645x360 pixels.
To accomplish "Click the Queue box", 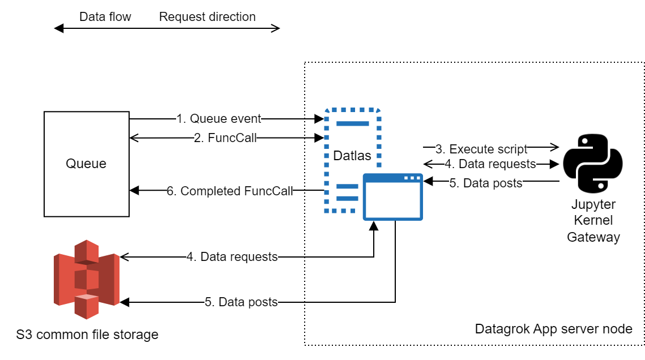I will click(x=86, y=164).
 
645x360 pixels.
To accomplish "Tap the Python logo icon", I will click(x=592, y=164).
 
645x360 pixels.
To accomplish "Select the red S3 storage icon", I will click(x=87, y=278).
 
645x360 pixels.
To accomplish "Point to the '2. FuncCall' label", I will click(x=224, y=138).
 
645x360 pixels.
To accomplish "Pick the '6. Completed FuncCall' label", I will click(x=230, y=191).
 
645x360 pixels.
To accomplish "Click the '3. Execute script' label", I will click(x=481, y=149).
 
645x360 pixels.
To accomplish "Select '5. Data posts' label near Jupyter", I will click(x=486, y=182).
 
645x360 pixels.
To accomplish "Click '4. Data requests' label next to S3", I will click(x=232, y=257).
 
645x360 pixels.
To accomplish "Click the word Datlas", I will click(x=352, y=155).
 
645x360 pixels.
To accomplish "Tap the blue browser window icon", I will click(x=392, y=197).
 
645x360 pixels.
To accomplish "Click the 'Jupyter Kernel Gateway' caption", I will click(x=593, y=221).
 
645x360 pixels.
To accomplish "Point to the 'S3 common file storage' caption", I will click(x=87, y=335).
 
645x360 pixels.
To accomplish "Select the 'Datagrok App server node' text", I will click(x=553, y=329).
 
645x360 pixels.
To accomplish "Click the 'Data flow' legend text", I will click(x=105, y=17).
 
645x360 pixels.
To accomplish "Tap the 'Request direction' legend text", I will click(x=207, y=17).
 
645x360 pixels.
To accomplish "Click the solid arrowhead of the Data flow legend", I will click(x=58, y=28).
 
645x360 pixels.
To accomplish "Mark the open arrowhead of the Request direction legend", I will click(x=276, y=28).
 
